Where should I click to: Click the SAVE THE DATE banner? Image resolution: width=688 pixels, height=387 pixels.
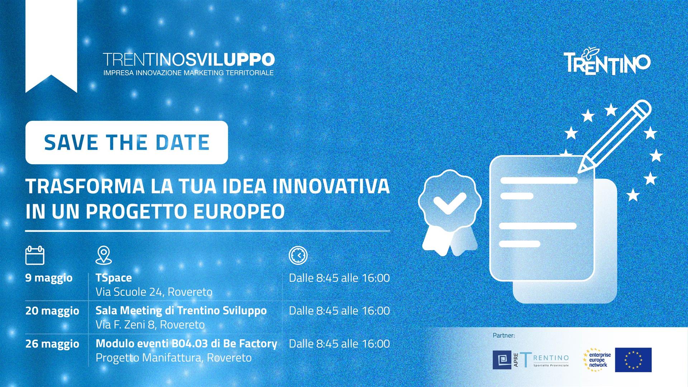126,142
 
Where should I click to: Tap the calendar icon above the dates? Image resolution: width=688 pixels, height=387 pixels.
35,255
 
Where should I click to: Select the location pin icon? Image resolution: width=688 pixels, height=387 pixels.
104,255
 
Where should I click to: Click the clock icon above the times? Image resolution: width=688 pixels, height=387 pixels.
298,255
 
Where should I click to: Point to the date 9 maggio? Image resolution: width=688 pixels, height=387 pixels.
49,278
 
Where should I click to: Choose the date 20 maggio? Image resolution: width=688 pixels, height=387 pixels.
52,311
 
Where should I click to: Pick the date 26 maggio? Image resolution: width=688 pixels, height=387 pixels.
52,344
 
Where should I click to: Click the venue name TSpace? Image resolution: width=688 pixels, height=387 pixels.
114,278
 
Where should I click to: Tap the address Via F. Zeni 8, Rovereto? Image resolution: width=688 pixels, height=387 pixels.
150,325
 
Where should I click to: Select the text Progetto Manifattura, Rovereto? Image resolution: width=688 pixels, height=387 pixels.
173,358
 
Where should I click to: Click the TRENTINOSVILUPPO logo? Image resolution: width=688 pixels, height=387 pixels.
189,64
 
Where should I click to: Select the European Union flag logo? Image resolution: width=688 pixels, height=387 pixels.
633,360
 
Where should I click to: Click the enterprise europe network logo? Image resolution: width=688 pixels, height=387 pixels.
597,359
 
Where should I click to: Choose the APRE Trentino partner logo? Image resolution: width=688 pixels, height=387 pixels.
531,360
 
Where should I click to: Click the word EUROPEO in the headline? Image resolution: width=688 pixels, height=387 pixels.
239,211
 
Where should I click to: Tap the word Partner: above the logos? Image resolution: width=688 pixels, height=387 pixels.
504,336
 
